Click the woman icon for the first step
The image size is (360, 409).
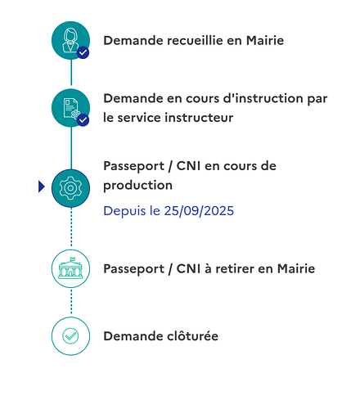[x=70, y=40]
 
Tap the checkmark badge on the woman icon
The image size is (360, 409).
[x=83, y=52]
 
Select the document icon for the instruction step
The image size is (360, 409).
[x=70, y=108]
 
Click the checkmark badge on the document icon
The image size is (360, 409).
[x=83, y=120]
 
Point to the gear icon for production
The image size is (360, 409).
[x=70, y=188]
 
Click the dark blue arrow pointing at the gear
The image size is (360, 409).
[x=42, y=187]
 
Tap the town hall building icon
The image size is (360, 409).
[x=70, y=268]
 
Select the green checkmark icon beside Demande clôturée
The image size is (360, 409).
[x=70, y=336]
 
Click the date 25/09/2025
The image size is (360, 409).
[x=199, y=211]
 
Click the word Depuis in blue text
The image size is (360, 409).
[x=124, y=211]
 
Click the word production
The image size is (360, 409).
[x=137, y=186]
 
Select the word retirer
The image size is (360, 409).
[x=235, y=269]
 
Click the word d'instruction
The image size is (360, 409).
[x=263, y=98]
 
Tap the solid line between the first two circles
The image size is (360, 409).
[x=71, y=73]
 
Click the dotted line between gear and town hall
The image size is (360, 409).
[x=71, y=227]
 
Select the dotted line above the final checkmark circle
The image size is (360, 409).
[x=71, y=302]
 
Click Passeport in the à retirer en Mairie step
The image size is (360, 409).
[x=134, y=269]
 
